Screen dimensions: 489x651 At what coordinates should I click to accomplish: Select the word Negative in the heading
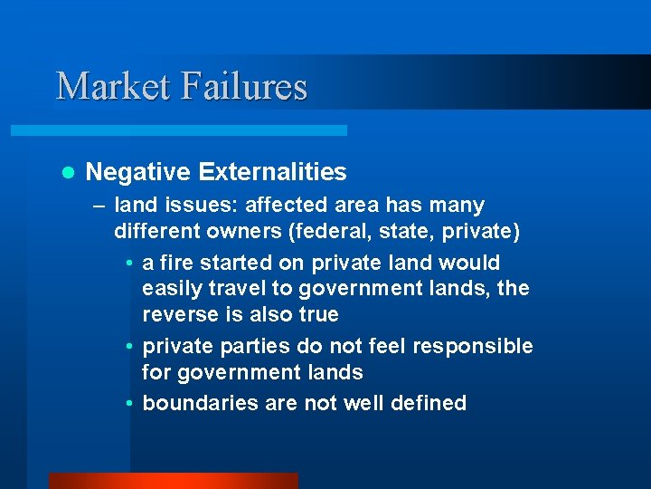137,172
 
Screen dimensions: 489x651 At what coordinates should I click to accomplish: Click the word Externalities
271,172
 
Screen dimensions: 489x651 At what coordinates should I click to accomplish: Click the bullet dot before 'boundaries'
130,404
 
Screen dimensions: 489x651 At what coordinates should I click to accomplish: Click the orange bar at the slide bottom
173,481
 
